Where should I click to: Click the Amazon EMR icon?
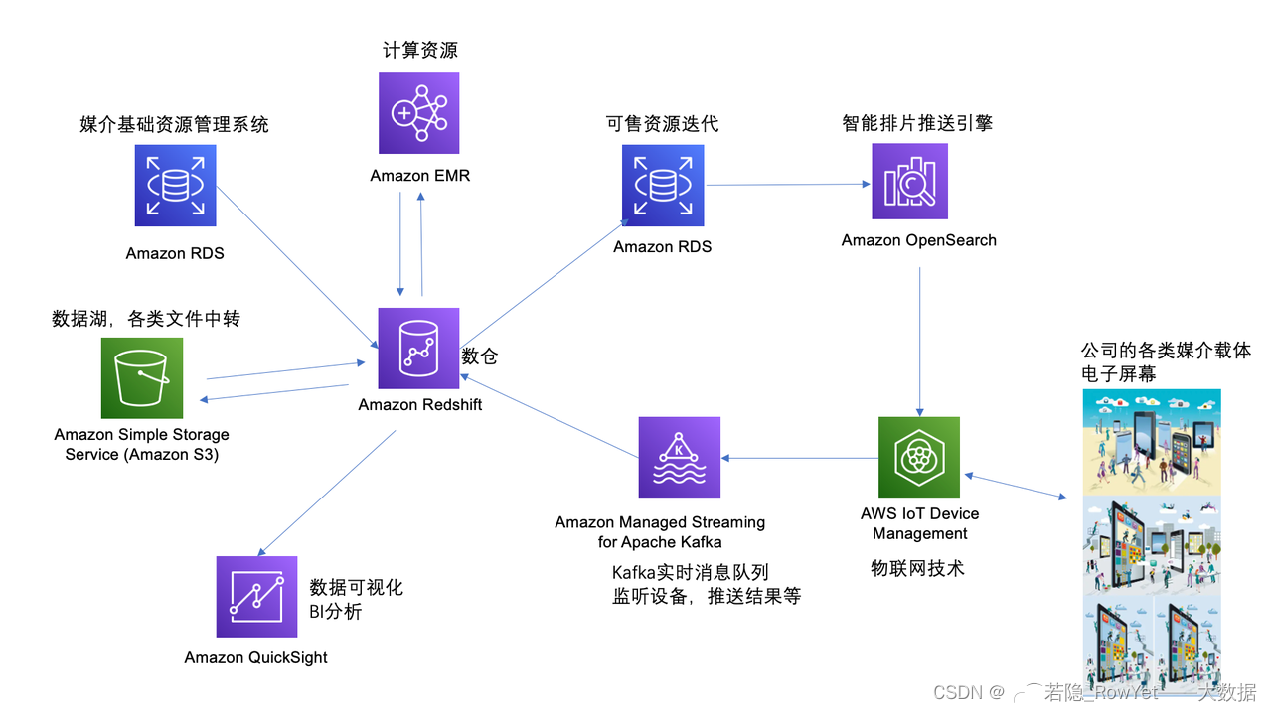click(418, 113)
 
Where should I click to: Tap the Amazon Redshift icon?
click(418, 349)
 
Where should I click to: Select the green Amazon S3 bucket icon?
click(142, 378)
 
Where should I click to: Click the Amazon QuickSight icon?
click(256, 597)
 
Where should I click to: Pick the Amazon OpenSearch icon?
click(909, 182)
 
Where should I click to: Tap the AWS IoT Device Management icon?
click(919, 457)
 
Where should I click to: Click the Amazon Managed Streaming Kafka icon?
click(680, 457)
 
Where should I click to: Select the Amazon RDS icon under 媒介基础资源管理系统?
click(175, 186)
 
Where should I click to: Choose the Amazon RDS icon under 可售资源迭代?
click(663, 186)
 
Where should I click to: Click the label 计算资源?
click(420, 50)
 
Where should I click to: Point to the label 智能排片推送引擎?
click(916, 123)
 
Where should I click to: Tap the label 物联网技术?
click(917, 568)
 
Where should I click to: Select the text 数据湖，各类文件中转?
click(146, 319)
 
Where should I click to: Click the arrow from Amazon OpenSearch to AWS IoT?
click(918, 338)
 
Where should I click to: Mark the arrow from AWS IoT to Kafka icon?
click(800, 458)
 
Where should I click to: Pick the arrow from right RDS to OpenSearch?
click(785, 184)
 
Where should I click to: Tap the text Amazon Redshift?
click(420, 404)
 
